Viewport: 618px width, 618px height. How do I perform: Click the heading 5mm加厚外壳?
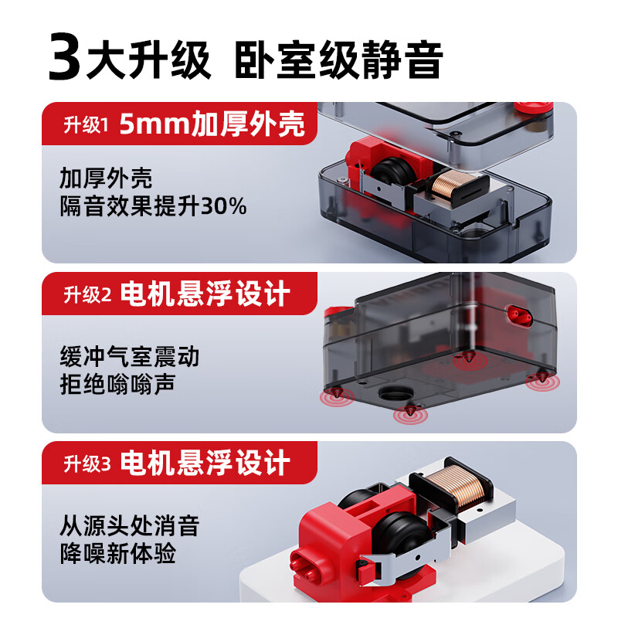point(212,124)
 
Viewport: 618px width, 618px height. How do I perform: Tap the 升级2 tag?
point(86,294)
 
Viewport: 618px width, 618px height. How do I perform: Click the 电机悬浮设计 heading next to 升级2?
point(205,294)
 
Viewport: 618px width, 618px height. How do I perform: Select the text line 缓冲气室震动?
point(129,356)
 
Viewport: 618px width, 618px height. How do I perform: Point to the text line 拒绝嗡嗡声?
point(117,384)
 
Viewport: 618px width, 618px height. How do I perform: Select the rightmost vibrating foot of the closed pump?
point(542,378)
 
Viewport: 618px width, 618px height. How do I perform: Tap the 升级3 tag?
point(86,463)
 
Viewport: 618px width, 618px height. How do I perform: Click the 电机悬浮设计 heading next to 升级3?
point(205,463)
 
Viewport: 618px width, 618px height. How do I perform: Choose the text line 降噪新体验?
point(117,554)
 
